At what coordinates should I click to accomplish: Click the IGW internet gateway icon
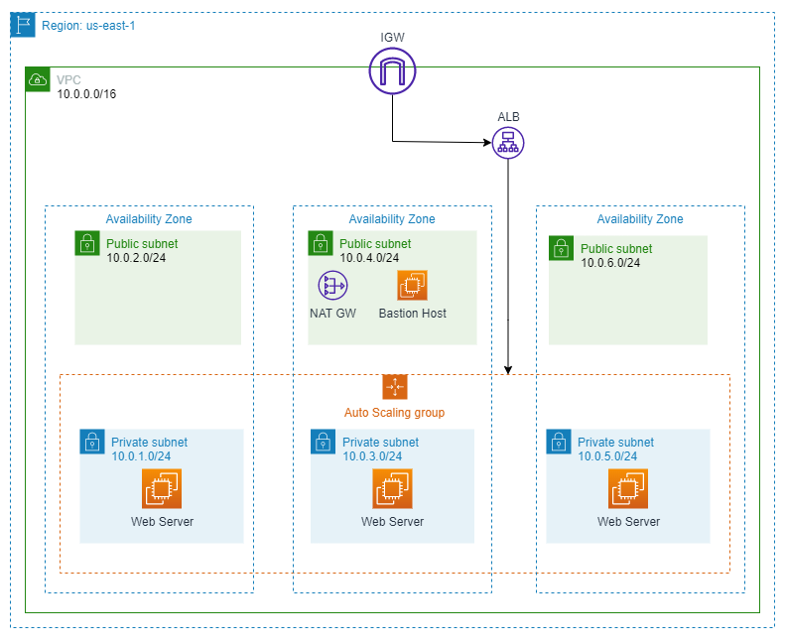click(392, 71)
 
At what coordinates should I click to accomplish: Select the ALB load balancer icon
click(508, 144)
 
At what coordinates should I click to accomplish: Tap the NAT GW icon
click(332, 287)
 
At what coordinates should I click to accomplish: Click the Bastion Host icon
click(412, 287)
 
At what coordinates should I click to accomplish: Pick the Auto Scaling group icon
click(395, 387)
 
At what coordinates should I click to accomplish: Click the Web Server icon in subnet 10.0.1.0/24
click(162, 489)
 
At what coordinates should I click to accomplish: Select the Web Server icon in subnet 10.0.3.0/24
click(392, 489)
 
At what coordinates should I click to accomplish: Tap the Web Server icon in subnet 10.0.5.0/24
click(627, 489)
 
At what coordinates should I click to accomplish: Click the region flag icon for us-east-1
click(24, 25)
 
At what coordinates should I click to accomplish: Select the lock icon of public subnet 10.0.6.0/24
click(562, 248)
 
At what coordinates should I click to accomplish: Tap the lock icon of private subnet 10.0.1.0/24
click(92, 442)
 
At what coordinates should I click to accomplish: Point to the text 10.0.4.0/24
click(369, 258)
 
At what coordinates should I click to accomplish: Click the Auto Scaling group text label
click(394, 412)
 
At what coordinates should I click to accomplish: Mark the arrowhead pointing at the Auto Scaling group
click(508, 370)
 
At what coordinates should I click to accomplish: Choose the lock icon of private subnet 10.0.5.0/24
click(559, 442)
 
